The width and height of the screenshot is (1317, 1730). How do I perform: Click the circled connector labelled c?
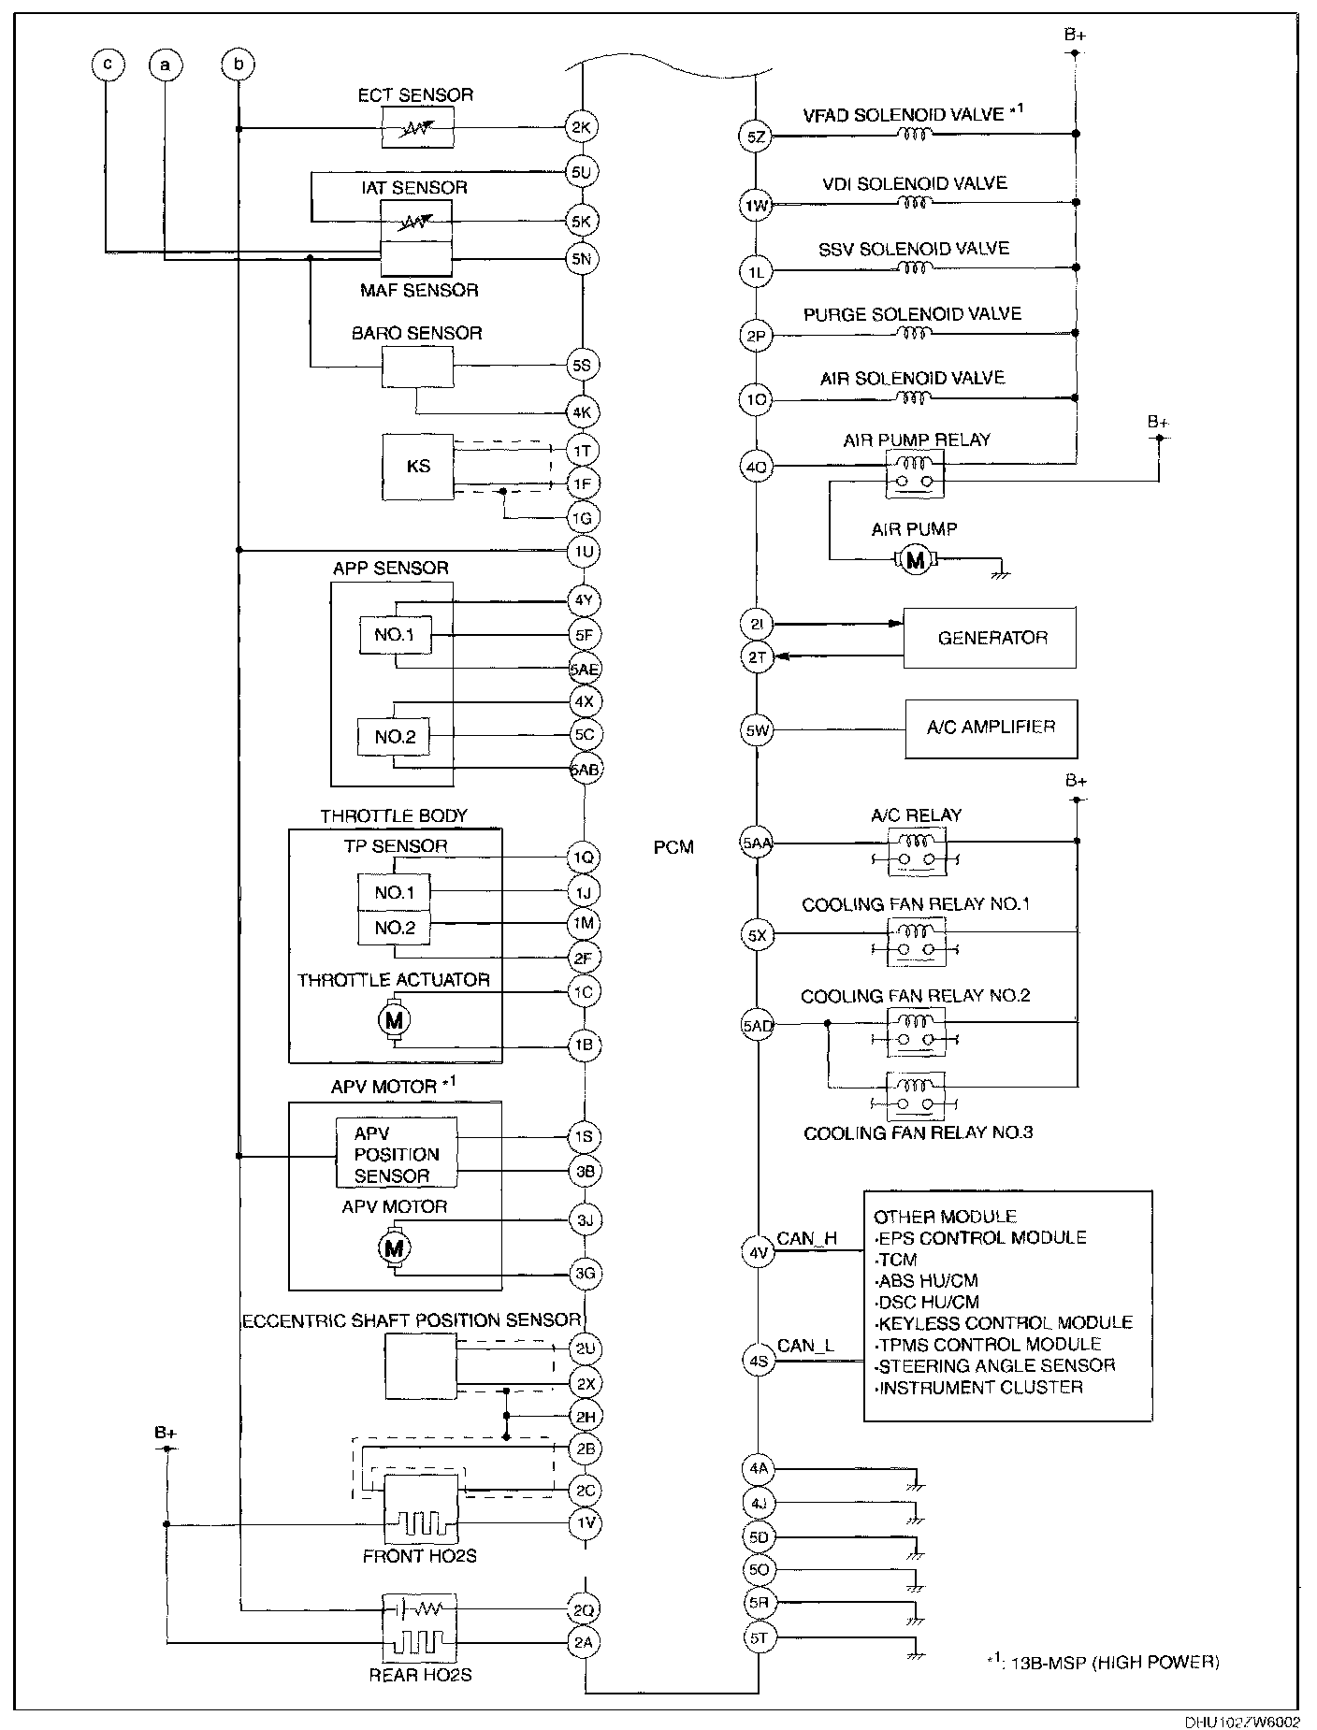pyautogui.click(x=109, y=65)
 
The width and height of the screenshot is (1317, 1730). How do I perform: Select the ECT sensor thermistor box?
pyautogui.click(x=417, y=127)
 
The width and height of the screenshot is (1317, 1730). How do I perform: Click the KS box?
pyautogui.click(x=417, y=466)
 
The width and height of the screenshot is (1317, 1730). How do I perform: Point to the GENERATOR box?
pyautogui.click(x=990, y=638)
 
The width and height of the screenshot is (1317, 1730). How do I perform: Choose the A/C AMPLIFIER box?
pyautogui.click(x=990, y=728)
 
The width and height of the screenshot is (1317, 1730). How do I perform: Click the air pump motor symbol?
pyautogui.click(x=916, y=560)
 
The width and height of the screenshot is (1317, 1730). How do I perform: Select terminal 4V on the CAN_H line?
pyautogui.click(x=758, y=1252)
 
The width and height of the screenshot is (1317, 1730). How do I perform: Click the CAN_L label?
pyautogui.click(x=805, y=1346)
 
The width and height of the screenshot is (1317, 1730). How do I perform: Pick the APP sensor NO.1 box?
pyautogui.click(x=394, y=635)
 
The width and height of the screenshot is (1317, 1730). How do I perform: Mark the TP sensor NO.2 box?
pyautogui.click(x=394, y=928)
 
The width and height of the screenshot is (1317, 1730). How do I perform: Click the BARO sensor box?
pyautogui.click(x=417, y=367)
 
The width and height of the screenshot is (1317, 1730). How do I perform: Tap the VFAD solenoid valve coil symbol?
pyautogui.click(x=914, y=135)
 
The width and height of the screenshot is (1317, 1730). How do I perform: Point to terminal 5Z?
pyautogui.click(x=756, y=137)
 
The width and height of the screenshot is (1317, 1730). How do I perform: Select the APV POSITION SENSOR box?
pyautogui.click(x=397, y=1154)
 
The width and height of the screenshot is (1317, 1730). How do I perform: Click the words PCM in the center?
pyautogui.click(x=673, y=847)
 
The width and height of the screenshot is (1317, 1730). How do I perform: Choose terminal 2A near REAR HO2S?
pyautogui.click(x=584, y=1642)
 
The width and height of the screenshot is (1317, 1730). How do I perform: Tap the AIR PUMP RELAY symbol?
pyautogui.click(x=915, y=473)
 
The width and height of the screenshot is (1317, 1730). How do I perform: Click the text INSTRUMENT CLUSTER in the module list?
pyautogui.click(x=981, y=1388)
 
